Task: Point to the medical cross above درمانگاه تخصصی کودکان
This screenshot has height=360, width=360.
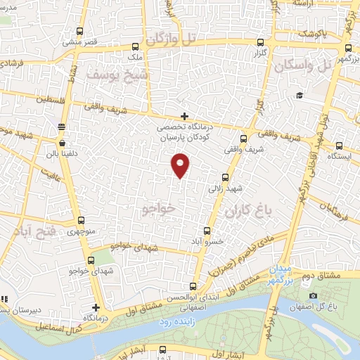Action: click(x=184, y=116)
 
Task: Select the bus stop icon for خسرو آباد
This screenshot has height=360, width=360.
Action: click(x=206, y=230)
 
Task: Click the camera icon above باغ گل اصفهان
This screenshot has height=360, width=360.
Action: click(x=313, y=295)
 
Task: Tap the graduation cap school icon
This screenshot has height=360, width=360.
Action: click(x=299, y=96)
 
